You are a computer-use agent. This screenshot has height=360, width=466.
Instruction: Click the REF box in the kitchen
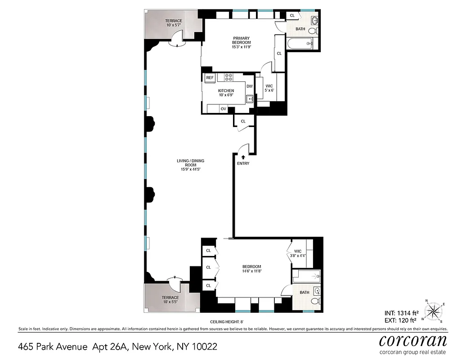(x=210, y=78)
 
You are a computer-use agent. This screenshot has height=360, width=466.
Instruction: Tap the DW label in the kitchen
(x=249, y=86)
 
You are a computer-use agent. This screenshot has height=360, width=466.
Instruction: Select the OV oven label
(x=223, y=109)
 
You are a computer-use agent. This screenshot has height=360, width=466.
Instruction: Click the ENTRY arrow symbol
(x=243, y=157)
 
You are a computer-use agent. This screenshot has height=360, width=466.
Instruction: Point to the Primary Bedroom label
(x=241, y=42)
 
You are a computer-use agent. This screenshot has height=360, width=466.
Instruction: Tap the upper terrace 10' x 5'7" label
(x=173, y=23)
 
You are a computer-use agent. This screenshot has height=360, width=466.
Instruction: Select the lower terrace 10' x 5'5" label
(x=170, y=300)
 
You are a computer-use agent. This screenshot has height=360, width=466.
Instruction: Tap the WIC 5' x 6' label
(x=269, y=88)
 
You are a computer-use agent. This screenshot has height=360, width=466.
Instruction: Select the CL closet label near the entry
(x=243, y=121)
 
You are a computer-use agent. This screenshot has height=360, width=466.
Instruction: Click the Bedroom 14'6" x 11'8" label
(x=251, y=269)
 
